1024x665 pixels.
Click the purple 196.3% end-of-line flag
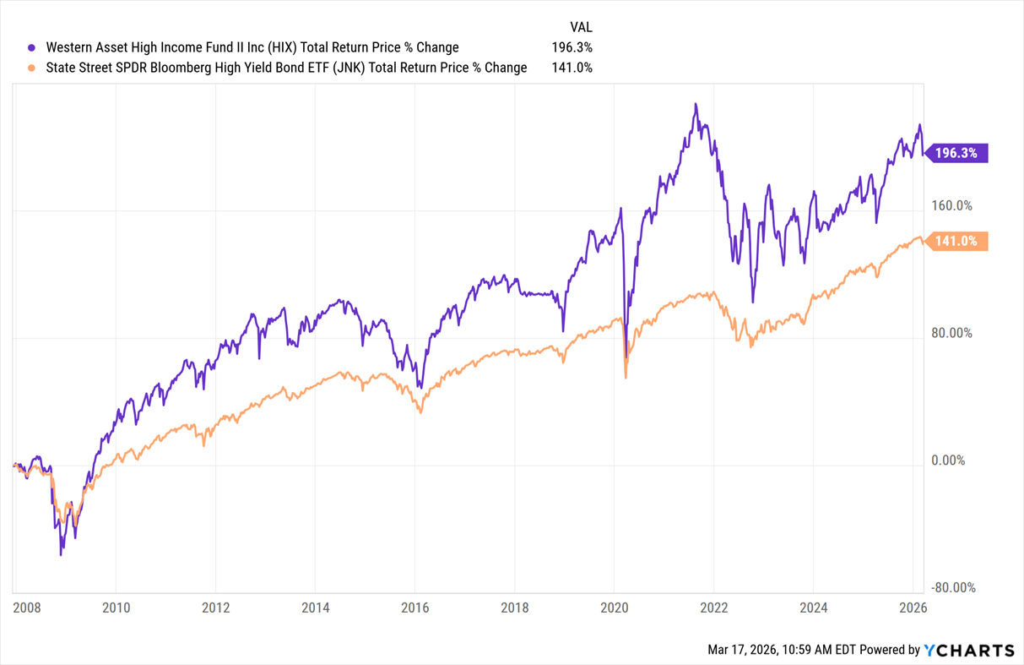point(958,153)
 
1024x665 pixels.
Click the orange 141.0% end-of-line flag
point(958,242)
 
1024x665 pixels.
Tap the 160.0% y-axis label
point(951,205)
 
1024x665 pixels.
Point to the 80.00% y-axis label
point(951,333)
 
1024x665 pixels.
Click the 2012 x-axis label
point(215,607)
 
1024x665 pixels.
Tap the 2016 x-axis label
point(414,607)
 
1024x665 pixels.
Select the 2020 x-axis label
point(614,607)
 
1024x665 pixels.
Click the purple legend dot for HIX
point(32,48)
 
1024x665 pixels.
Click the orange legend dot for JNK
point(32,68)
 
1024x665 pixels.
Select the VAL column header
point(581,27)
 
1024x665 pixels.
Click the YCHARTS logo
point(969,650)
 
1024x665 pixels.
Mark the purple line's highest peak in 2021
point(696,104)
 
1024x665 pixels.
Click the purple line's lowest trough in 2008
point(61,555)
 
